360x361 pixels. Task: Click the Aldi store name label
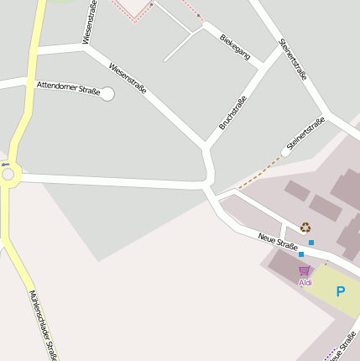[305, 283]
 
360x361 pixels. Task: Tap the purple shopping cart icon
[304, 270]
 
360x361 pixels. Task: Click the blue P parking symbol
[340, 292]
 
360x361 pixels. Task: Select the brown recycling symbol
[305, 227]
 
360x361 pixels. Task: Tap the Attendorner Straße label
[68, 86]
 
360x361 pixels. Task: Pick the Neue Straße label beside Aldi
[279, 241]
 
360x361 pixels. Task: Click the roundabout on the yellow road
[9, 175]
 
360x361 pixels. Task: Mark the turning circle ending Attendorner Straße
[107, 94]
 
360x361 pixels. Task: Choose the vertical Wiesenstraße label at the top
[90, 22]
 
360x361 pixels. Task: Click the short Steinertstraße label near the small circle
[305, 134]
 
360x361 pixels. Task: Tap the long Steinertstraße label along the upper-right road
[293, 59]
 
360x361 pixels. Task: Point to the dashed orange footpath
[258, 174]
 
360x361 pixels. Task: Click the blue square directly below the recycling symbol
[311, 243]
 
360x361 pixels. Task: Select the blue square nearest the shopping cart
[300, 254]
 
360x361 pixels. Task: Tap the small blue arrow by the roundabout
[4, 164]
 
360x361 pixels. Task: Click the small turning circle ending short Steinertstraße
[285, 152]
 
